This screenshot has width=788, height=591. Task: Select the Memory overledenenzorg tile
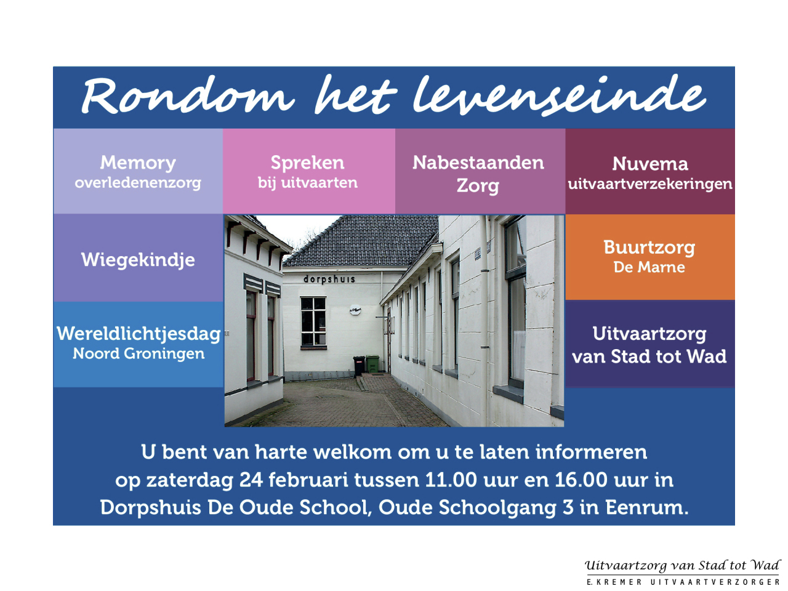(138, 171)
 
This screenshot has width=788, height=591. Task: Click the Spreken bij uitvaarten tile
(309, 171)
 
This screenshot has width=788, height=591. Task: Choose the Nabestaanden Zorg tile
(480, 171)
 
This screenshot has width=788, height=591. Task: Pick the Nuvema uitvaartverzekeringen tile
(650, 171)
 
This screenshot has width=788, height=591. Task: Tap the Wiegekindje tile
(138, 258)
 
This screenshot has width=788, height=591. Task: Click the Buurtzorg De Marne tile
(650, 257)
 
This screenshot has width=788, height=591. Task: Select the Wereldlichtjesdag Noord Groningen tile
(138, 344)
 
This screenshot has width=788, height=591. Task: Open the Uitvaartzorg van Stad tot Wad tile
(650, 344)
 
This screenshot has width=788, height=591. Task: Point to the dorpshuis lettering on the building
(329, 279)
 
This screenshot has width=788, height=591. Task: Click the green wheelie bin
(372, 363)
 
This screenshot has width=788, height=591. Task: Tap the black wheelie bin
(359, 365)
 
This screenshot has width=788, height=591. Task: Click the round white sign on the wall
(355, 309)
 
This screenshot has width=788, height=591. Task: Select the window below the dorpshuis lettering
(313, 322)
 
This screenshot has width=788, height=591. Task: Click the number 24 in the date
(251, 480)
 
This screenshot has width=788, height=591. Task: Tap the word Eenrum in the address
(647, 507)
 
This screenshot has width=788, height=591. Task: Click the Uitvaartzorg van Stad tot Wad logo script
(683, 566)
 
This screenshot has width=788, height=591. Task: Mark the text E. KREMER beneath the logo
(614, 582)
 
